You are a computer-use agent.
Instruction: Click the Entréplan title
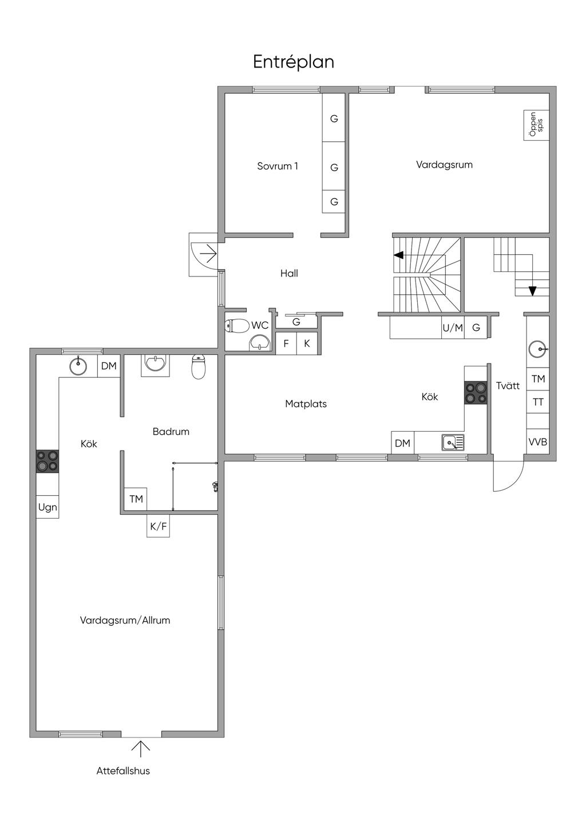pyautogui.click(x=294, y=62)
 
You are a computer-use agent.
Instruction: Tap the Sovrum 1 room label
pyautogui.click(x=278, y=166)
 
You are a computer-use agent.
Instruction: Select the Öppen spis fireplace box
pyautogui.click(x=536, y=125)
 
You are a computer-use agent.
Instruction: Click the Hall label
pyautogui.click(x=289, y=274)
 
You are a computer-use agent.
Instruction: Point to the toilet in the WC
pyautogui.click(x=237, y=325)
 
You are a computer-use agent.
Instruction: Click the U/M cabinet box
pyautogui.click(x=453, y=327)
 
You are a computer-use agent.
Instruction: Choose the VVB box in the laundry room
pyautogui.click(x=537, y=441)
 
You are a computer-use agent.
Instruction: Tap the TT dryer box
pyautogui.click(x=537, y=402)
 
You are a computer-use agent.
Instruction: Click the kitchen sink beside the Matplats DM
pyautogui.click(x=453, y=443)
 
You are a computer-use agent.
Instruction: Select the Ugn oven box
pyautogui.click(x=47, y=507)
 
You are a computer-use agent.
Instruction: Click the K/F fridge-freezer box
pyautogui.click(x=159, y=526)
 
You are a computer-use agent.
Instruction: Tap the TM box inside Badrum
pyautogui.click(x=136, y=499)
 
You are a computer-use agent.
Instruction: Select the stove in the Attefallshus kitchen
pyautogui.click(x=47, y=461)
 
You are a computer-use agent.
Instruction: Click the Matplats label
pyautogui.click(x=306, y=404)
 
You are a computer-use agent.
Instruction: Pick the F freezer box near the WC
pyautogui.click(x=286, y=344)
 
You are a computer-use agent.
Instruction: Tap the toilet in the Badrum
pyautogui.click(x=199, y=367)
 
